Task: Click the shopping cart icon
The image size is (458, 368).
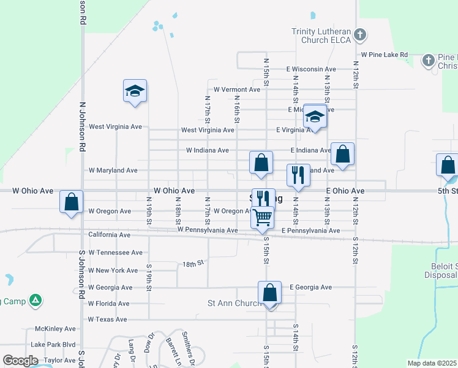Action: [x=262, y=217]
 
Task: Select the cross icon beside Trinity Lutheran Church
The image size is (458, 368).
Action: [x=361, y=35]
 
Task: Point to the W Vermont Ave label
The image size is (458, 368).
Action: [x=236, y=90]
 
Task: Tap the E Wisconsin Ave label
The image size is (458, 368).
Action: [x=310, y=69]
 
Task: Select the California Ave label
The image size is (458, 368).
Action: [x=110, y=235]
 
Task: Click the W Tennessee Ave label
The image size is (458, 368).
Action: [x=115, y=252]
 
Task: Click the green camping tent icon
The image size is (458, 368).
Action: [x=36, y=300]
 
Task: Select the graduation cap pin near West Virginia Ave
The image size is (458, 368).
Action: [x=135, y=91]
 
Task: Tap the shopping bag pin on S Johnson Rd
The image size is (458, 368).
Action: [x=72, y=201]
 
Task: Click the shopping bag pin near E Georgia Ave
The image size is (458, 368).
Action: [x=269, y=293]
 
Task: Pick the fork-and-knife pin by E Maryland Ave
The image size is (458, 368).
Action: [x=299, y=175]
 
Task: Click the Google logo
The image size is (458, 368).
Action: [x=21, y=361]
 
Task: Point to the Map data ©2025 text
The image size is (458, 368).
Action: [x=432, y=363]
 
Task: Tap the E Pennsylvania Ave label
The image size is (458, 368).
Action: [x=310, y=231]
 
